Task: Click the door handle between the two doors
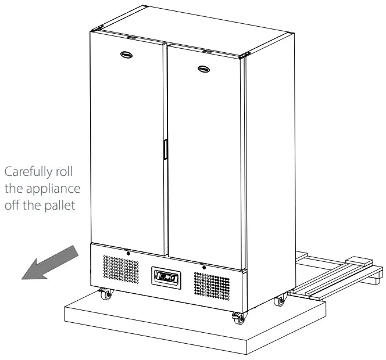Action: pyautogui.click(x=165, y=149)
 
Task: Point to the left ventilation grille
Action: pyautogui.click(x=120, y=268)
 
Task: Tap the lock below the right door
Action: pyautogui.click(x=203, y=267)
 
